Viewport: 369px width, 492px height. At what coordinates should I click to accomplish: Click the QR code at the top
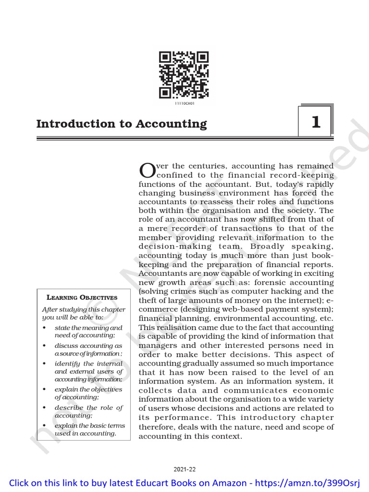click(184, 74)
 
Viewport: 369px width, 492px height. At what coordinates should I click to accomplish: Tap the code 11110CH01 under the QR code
click(184, 102)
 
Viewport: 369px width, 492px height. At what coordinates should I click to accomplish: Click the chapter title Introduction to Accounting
click(122, 123)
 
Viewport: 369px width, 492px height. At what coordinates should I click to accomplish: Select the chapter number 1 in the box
click(315, 122)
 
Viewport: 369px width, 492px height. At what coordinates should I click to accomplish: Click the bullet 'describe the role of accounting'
click(88, 411)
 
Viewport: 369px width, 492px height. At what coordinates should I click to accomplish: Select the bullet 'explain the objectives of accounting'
click(88, 393)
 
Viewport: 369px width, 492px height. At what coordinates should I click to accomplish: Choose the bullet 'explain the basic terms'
click(88, 429)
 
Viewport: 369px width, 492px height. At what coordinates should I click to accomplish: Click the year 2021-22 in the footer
click(184, 469)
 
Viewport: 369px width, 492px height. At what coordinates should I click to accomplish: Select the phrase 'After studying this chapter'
click(84, 309)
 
